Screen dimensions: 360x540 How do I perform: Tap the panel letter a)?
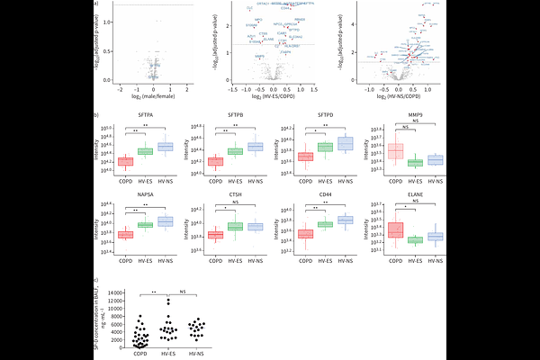[x=96, y=4]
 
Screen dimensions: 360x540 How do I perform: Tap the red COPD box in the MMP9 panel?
[x=393, y=151]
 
